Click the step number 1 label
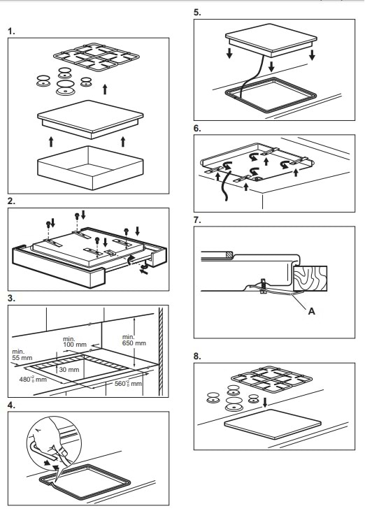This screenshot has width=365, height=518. pyautogui.click(x=12, y=31)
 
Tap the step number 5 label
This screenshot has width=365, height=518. pyautogui.click(x=197, y=13)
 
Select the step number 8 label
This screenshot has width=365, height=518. pyautogui.click(x=197, y=356)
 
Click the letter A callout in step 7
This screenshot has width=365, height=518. pyautogui.click(x=311, y=311)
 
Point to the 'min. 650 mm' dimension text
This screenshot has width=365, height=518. pyautogui.click(x=134, y=340)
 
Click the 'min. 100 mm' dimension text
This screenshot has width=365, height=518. pyautogui.click(x=75, y=342)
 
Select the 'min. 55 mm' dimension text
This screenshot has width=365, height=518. pyautogui.click(x=22, y=355)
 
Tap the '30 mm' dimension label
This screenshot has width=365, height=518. pyautogui.click(x=69, y=369)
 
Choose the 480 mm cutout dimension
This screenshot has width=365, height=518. pyautogui.click(x=33, y=379)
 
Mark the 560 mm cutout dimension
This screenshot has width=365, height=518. pyautogui.click(x=129, y=383)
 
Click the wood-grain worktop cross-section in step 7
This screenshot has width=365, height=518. pyautogui.click(x=310, y=279)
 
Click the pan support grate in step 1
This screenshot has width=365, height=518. pyautogui.click(x=96, y=57)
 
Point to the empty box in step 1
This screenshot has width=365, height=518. pyautogui.click(x=90, y=168)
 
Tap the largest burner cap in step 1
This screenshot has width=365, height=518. pyautogui.click(x=66, y=87)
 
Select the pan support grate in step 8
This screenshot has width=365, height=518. pyautogui.click(x=271, y=380)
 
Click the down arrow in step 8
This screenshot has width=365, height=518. pyautogui.click(x=264, y=403)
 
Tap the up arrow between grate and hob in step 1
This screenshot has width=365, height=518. pyautogui.click(x=105, y=89)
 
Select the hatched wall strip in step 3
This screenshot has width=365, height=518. pyautogui.click(x=162, y=352)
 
